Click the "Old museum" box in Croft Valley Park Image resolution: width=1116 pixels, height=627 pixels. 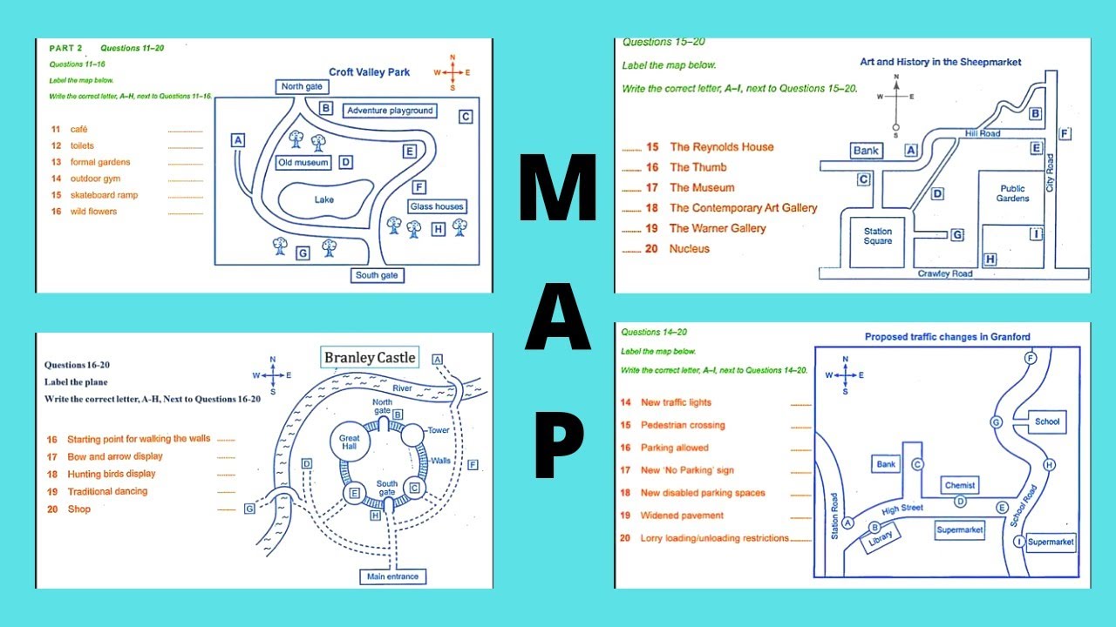303,163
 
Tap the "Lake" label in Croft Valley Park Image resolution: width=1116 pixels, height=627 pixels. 324,200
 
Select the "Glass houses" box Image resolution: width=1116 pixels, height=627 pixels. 437,206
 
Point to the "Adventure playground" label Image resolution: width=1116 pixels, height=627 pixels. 389,111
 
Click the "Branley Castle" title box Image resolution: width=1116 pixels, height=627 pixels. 370,357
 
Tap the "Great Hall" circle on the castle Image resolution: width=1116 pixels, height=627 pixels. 350,442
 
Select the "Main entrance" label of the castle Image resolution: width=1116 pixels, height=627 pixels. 392,576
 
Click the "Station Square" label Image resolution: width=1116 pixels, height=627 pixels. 878,236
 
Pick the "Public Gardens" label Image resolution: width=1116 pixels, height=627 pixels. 1012,193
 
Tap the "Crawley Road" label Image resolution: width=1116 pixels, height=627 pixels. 944,273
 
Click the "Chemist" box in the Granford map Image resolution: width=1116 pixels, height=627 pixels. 960,485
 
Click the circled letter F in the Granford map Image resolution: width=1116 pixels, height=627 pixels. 1031,359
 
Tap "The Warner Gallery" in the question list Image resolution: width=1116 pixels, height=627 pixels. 717,228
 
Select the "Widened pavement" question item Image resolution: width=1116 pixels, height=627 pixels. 682,516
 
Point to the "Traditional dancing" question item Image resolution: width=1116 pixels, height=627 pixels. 107,491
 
